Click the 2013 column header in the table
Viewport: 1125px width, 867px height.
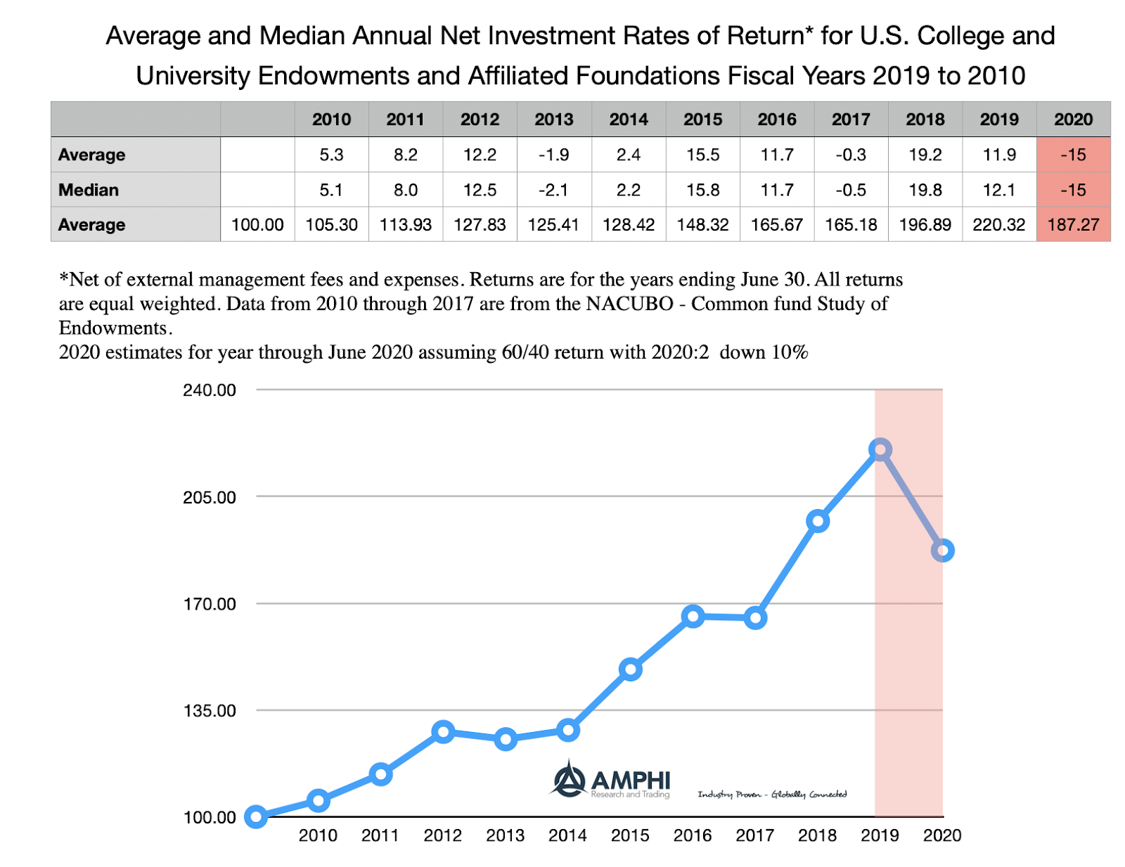coord(554,120)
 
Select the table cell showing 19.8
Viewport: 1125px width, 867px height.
coord(925,190)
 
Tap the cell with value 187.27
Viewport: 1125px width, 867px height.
coord(1073,225)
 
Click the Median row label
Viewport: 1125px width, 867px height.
coord(89,190)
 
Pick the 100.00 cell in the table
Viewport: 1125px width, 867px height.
coord(257,225)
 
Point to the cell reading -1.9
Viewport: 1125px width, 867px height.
coord(554,155)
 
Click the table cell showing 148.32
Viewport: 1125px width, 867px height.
coord(702,225)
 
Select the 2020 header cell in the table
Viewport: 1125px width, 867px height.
coord(1073,120)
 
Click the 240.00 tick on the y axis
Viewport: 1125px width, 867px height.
coord(210,390)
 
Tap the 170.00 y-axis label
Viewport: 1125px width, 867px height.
coord(210,604)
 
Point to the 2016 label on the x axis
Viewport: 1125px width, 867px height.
coord(693,835)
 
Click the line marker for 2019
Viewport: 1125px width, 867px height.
coord(880,449)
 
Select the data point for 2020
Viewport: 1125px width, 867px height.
coord(942,551)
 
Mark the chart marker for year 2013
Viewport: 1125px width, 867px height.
coord(506,739)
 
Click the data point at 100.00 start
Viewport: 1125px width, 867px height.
coord(256,817)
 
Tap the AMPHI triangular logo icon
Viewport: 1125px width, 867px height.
coord(569,779)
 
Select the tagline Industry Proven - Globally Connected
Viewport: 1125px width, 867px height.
coord(772,795)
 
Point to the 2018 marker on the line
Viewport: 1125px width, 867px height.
coord(818,521)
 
